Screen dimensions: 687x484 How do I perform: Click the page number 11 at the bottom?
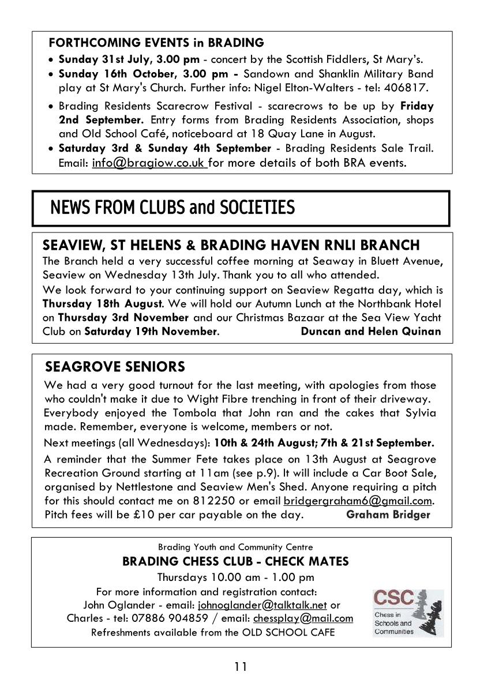coord(241,667)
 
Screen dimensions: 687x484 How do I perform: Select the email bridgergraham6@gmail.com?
coord(358,501)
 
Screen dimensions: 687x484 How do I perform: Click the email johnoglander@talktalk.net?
coord(262,605)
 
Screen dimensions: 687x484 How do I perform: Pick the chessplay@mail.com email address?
coord(303,618)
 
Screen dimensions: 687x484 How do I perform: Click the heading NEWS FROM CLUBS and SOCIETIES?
coord(172,207)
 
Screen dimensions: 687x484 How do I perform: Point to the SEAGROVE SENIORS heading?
coord(115,367)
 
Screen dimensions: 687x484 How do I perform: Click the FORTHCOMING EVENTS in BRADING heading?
coord(156,43)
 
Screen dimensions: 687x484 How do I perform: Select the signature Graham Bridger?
coord(388,515)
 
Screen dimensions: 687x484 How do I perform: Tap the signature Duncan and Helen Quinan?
coord(371,331)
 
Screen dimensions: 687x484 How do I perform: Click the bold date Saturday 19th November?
coord(151,331)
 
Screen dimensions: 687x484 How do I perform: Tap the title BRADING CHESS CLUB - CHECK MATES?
coord(235,561)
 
